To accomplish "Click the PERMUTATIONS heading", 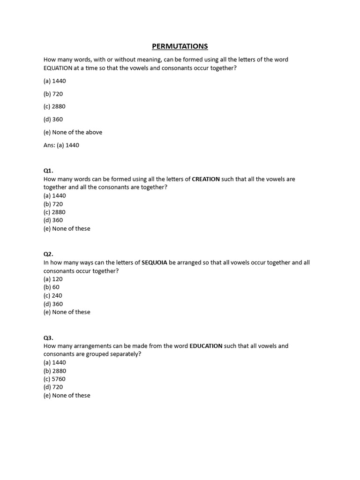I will [180, 46].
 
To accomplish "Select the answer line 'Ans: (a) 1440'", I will [61, 145].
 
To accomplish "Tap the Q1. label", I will [49, 171].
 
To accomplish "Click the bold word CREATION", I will [206, 179].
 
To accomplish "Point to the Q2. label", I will [49, 254].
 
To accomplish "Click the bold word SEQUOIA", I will [154, 262].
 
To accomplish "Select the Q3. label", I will [49, 337].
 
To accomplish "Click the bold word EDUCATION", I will [206, 346].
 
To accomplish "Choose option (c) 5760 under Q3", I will [54, 379].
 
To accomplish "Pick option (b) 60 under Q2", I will [52, 287].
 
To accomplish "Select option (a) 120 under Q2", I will [53, 279].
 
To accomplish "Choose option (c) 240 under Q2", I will [53, 295].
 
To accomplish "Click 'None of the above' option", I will [73, 132].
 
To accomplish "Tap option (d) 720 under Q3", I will [53, 387].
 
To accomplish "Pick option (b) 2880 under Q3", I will [55, 371].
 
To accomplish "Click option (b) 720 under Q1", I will [53, 204].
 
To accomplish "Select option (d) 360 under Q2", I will [53, 304].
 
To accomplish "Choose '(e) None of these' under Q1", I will [67, 229].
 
